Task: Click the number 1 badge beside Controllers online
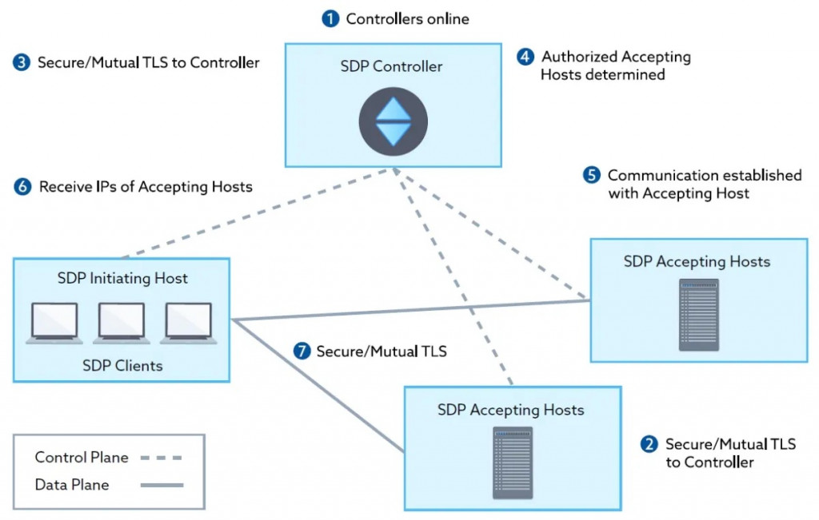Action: pyautogui.click(x=330, y=18)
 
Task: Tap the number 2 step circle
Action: pyautogui.click(x=650, y=444)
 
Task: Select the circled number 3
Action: pyautogui.click(x=22, y=62)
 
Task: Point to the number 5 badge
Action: pyautogui.click(x=591, y=175)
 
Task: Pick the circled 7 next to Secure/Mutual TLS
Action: pyautogui.click(x=301, y=351)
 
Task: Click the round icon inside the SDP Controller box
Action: pyautogui.click(x=393, y=121)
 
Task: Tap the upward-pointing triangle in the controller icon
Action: pyautogui.click(x=393, y=110)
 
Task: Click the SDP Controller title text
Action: pyautogui.click(x=391, y=67)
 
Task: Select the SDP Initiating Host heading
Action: pyautogui.click(x=122, y=279)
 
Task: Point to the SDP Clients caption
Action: pyautogui.click(x=122, y=366)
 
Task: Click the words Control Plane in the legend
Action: pyautogui.click(x=82, y=458)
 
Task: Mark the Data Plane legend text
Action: pyautogui.click(x=72, y=485)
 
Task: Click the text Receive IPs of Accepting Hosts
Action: pyautogui.click(x=146, y=187)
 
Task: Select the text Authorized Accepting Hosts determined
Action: pyautogui.click(x=615, y=65)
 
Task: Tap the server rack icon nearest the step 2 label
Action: pyautogui.click(x=513, y=462)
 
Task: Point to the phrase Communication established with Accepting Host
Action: pyautogui.click(x=704, y=184)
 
